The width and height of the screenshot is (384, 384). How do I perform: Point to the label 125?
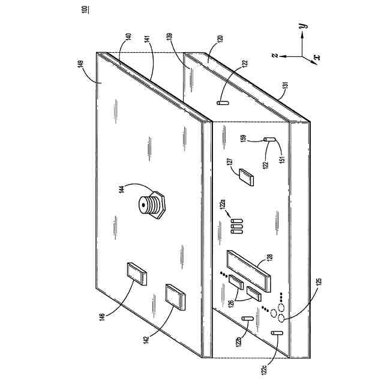(319, 281)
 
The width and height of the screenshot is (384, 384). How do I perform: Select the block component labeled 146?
(137, 274)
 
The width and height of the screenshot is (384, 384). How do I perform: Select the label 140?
(128, 37)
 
